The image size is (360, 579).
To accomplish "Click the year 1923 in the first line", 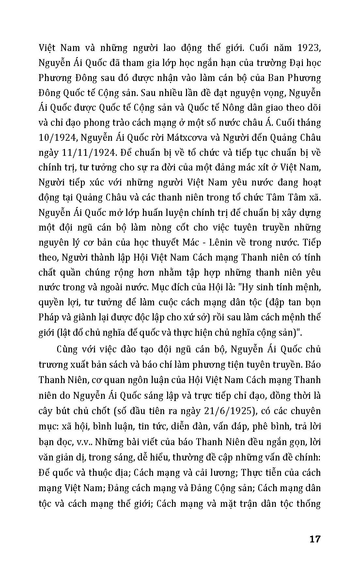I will (x=307, y=48).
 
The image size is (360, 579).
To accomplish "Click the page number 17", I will (x=315, y=539).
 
